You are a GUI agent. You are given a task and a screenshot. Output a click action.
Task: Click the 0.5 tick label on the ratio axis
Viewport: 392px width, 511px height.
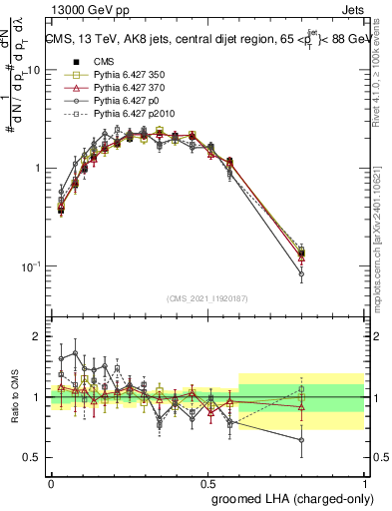(35, 457)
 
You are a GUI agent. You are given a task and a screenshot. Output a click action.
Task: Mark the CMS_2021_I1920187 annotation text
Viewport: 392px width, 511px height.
(207, 298)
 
